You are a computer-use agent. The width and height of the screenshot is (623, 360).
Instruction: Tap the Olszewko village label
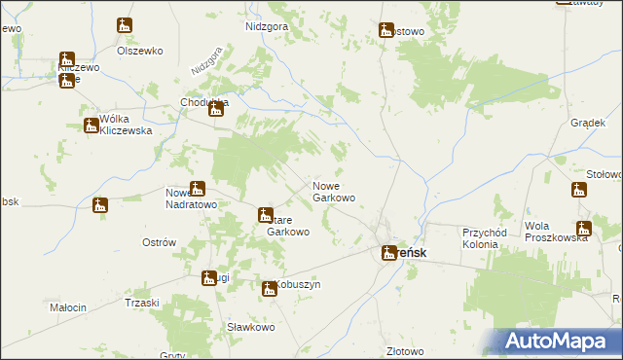click(137, 50)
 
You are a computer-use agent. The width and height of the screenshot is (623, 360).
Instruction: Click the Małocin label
click(68, 307)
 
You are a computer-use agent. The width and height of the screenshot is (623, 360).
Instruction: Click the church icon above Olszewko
click(125, 26)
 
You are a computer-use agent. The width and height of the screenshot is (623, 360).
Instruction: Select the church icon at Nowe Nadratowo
click(198, 189)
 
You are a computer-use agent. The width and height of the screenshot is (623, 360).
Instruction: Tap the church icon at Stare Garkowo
click(265, 215)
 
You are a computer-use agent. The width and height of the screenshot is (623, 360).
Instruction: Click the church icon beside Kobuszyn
click(270, 287)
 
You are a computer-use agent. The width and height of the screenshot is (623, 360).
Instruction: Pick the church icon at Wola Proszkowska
click(583, 230)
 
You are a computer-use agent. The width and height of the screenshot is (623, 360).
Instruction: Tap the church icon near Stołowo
click(580, 188)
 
